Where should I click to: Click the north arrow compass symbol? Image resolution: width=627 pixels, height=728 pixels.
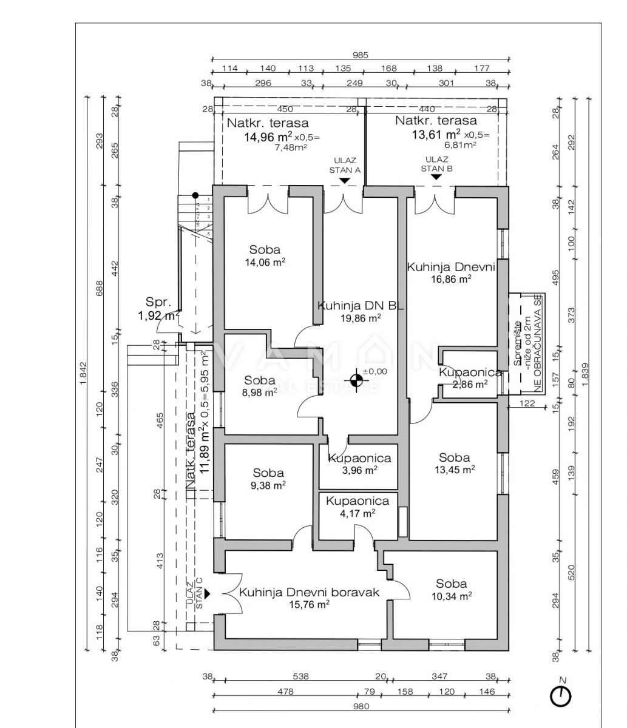point(560,695)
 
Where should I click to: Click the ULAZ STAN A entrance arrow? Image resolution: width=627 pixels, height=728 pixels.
point(344,180)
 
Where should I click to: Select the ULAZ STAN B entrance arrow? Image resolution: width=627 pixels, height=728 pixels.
point(436,177)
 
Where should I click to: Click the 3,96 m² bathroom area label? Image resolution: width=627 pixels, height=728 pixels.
point(359,470)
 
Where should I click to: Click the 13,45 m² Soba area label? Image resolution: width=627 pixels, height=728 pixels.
point(455,469)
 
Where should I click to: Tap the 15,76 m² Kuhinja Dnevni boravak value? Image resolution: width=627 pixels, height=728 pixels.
point(310,604)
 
